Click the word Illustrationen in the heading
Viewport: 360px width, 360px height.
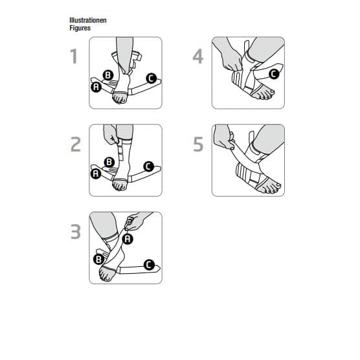point(88,20)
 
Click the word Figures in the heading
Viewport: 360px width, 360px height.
point(80,28)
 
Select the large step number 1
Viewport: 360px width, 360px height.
point(74,56)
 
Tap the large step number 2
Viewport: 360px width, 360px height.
point(76,144)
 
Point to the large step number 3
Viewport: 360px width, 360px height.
point(76,232)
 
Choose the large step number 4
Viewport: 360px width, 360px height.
point(198,56)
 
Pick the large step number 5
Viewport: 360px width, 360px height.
point(198,144)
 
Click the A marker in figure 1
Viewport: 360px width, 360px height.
point(96,87)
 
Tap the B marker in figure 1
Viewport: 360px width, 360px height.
point(108,75)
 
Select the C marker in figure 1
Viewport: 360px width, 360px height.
point(152,78)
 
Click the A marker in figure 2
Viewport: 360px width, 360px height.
point(96,174)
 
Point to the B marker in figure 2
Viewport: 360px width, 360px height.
point(109,162)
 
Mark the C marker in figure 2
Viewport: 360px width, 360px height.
point(148,166)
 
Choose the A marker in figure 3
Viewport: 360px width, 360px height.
point(128,239)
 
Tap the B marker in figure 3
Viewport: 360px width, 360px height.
point(98,259)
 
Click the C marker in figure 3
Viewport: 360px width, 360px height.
point(149,265)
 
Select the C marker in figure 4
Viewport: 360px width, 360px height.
point(274,74)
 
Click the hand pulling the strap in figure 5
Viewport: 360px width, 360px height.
point(223,138)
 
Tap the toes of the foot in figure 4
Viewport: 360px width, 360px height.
point(266,94)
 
